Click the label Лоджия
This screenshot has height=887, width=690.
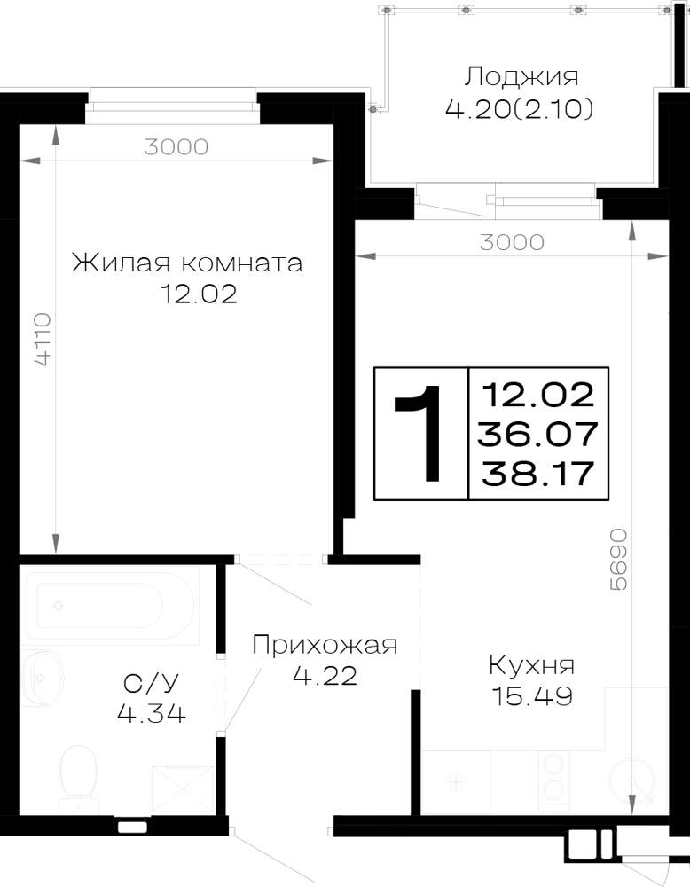point(521,77)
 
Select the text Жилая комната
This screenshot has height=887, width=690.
point(187,263)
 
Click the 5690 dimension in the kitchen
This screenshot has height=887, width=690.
point(619,559)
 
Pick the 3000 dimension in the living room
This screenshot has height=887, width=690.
point(176,147)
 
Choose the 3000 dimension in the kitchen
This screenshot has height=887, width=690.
point(512,242)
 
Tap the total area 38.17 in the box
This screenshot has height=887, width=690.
point(537,473)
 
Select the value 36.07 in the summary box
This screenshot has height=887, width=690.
point(537,434)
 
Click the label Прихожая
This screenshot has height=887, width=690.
point(325,645)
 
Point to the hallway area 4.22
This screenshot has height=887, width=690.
point(325,675)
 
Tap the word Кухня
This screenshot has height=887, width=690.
point(531,666)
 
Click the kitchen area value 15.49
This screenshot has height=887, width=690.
point(532,695)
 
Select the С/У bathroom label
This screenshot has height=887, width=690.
point(151,684)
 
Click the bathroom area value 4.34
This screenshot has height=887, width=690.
point(151,713)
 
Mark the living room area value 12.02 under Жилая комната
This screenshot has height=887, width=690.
point(199,294)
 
